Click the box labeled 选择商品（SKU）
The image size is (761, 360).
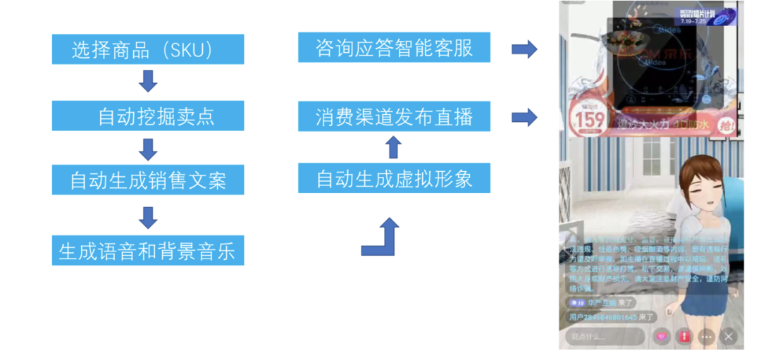coord(148,49)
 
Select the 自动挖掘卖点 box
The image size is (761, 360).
coord(148,116)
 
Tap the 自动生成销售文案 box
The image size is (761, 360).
coord(148,180)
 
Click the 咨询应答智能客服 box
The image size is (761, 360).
coord(394,47)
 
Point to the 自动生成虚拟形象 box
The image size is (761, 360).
coord(394,178)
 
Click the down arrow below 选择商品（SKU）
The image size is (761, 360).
coord(148,81)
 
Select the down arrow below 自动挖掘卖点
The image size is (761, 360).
coord(148,149)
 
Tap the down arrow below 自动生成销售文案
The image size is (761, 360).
coord(148,217)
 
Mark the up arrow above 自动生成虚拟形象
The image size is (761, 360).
coord(394,147)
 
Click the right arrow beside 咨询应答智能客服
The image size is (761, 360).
coord(524,49)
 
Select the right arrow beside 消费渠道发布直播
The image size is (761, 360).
coord(524,117)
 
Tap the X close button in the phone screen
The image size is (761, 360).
coord(729,336)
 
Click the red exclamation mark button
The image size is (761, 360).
coord(683,336)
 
